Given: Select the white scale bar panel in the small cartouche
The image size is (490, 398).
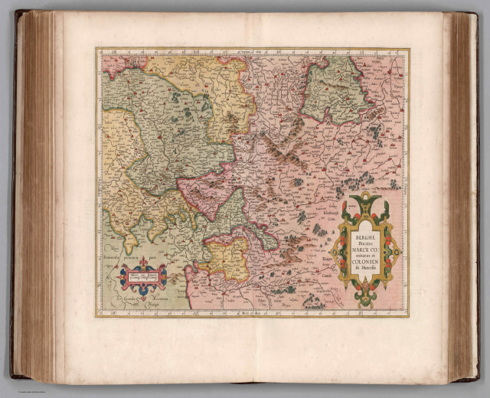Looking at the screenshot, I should [x=143, y=279].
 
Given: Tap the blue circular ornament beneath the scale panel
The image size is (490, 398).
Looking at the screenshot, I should [x=143, y=293].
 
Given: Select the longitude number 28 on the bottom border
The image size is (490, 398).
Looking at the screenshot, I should [x=112, y=312].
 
